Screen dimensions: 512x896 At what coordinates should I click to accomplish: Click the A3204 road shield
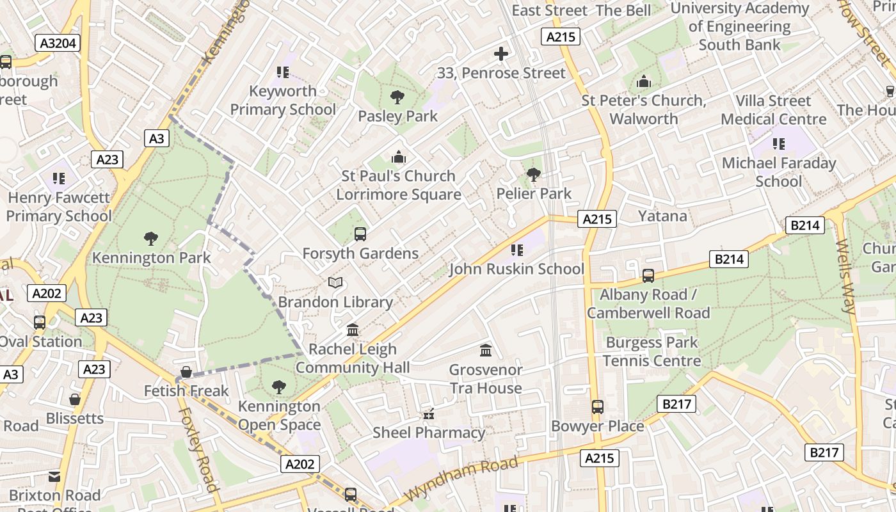coord(58,43)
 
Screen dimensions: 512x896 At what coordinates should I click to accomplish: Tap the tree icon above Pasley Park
coord(397,98)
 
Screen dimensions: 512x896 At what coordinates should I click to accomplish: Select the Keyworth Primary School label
coord(282,100)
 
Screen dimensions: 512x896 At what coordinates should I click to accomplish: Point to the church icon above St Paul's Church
coord(399,157)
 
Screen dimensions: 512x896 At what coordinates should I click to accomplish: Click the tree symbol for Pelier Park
coord(533,175)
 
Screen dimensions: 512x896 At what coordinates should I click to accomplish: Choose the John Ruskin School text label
coord(516,269)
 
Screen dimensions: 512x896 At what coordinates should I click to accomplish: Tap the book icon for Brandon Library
coord(335,282)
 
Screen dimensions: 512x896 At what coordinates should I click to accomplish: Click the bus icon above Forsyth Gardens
coord(360,234)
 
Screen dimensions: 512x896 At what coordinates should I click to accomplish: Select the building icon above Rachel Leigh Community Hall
coord(352,330)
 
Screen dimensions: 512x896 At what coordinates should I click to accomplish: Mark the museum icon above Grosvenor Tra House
coord(486,351)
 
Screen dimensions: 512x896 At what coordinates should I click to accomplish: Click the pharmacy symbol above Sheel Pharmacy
coord(429,414)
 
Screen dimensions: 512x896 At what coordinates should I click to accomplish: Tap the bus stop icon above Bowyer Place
coord(597,407)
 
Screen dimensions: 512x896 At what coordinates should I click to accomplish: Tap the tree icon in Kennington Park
coord(151,239)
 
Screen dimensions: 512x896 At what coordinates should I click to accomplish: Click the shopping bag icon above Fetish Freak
coord(186,372)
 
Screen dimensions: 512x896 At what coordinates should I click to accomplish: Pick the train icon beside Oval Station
coord(40,323)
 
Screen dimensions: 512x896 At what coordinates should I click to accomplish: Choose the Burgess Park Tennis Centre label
coord(652,352)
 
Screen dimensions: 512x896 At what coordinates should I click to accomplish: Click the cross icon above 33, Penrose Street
coord(501,54)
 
